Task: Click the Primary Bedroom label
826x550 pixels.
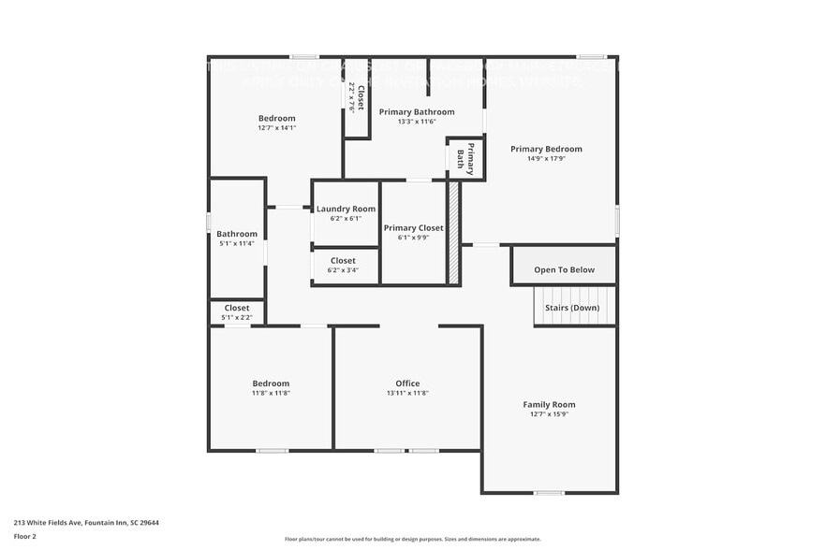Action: pos(546,149)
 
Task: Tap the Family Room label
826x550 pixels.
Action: pos(549,404)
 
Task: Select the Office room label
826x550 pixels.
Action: pos(407,383)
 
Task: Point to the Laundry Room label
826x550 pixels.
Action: pos(346,209)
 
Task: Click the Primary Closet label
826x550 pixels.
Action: pos(413,227)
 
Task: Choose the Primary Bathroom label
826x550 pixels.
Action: pos(417,111)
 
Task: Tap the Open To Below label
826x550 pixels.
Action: pos(564,269)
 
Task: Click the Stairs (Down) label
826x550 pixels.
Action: pos(572,307)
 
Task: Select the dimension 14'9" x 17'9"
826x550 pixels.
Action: pos(546,159)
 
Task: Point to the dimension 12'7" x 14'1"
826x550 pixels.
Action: pos(277,128)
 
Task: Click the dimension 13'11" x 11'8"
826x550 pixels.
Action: pos(407,393)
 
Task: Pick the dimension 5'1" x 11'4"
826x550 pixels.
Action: pos(237,243)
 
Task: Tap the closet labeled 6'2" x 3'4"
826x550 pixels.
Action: pos(343,266)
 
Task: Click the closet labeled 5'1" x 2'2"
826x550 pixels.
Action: pos(237,312)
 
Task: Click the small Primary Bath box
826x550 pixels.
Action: pos(465,158)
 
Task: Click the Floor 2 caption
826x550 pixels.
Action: pos(24,537)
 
